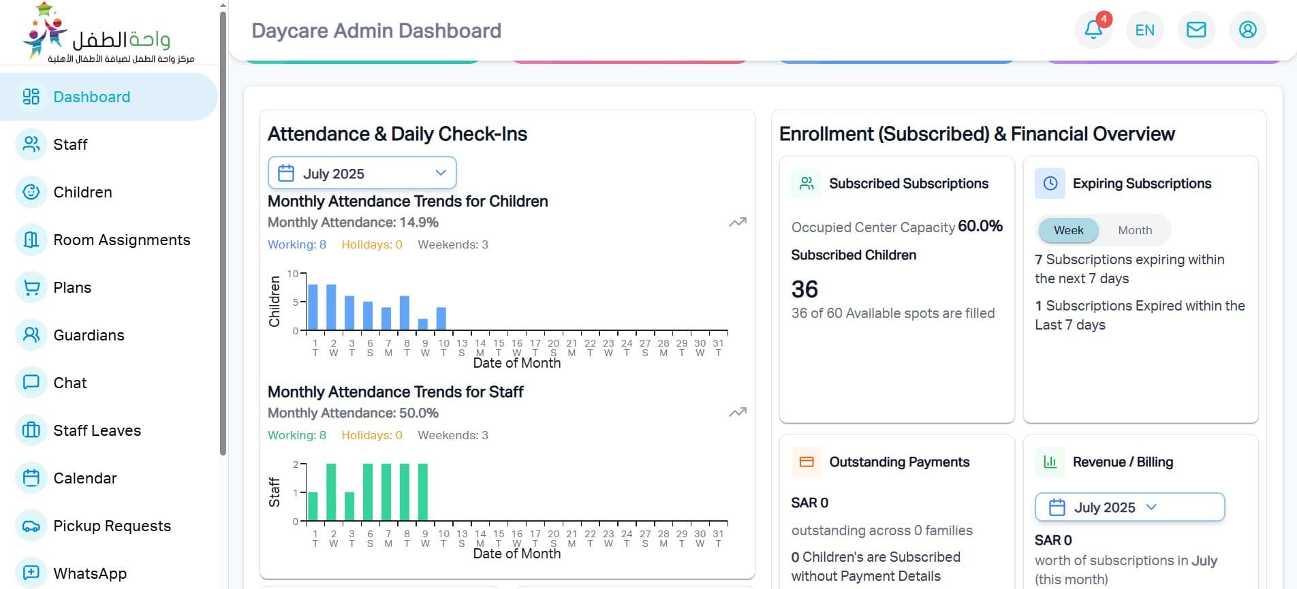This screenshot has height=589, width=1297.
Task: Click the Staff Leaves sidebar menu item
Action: [x=97, y=430]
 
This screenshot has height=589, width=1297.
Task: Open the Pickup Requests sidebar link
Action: [x=112, y=526]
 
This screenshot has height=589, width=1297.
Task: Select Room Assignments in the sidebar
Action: [x=121, y=240]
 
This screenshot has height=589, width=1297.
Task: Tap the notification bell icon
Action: [x=1093, y=30]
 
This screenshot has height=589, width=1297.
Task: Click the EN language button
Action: [x=1144, y=30]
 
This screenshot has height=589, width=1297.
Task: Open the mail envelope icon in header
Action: [x=1196, y=30]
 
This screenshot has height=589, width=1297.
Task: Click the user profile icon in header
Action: [x=1247, y=30]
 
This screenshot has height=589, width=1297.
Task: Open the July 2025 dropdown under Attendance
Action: [x=362, y=174]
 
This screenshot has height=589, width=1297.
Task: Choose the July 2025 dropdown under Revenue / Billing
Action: [x=1129, y=507]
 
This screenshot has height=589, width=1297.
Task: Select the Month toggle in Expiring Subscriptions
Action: [x=1135, y=230]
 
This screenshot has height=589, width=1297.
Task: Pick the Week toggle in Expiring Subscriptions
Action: [x=1068, y=230]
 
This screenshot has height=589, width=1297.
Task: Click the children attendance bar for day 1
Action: [x=313, y=307]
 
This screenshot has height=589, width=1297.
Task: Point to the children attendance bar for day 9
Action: [x=423, y=324]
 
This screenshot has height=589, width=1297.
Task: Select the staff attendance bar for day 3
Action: [x=349, y=506]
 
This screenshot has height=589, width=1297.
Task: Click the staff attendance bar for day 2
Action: [x=331, y=492]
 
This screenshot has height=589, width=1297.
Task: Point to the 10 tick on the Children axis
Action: [x=293, y=274]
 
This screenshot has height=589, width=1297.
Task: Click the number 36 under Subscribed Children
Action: [x=804, y=289]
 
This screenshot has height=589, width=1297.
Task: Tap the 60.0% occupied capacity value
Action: [x=980, y=226]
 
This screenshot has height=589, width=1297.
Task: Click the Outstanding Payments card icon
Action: [x=807, y=462]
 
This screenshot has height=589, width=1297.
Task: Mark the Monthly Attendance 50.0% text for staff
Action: [x=353, y=413]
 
